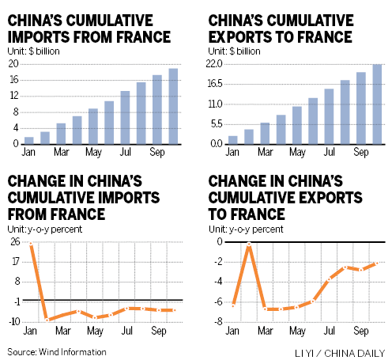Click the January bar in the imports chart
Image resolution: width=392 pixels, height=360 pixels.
29,142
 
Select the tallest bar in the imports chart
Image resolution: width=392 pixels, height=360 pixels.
172,108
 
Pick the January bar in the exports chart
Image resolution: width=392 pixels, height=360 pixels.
233,140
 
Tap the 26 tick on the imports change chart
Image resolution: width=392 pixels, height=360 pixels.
15,243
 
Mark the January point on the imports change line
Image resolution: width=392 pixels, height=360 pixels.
31,244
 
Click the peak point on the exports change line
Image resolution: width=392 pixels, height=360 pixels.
249,244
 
